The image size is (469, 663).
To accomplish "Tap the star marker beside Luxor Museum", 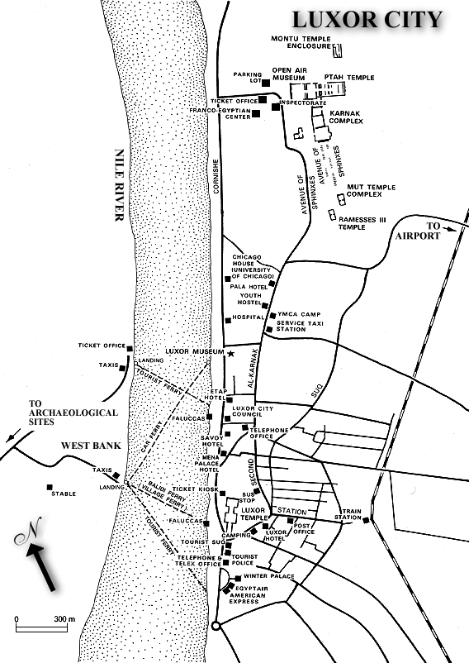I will pos(230,354).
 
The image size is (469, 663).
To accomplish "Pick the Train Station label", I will pos(351,515).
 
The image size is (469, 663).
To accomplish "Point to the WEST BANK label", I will pos(92,446).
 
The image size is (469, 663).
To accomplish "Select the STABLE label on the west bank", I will pos(63,494).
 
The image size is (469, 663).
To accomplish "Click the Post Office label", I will pos(304,529).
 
